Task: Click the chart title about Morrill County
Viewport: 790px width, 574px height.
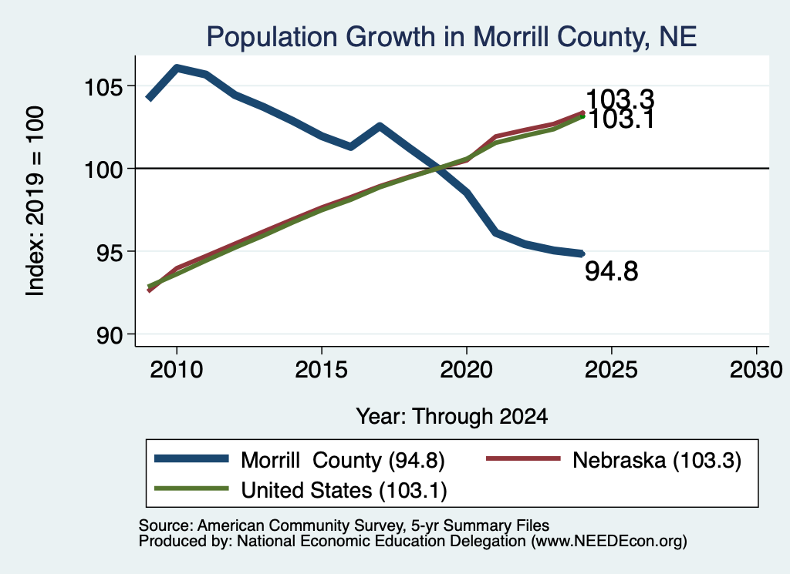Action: tap(451, 37)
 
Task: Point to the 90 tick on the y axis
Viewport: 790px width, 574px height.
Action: tap(110, 336)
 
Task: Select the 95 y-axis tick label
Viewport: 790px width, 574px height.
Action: tap(110, 253)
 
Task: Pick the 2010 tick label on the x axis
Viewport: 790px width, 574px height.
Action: tap(177, 370)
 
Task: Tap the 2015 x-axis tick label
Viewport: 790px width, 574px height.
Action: tap(322, 370)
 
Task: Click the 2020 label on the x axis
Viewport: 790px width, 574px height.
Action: tap(467, 370)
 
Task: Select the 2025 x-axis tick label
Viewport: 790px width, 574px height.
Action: tap(611, 370)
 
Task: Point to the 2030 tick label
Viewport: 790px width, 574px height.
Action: tap(756, 370)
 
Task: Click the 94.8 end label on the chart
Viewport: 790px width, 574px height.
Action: tap(611, 271)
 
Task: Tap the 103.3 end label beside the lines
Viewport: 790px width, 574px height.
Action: tap(620, 99)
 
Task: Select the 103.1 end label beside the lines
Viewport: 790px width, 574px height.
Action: tap(621, 119)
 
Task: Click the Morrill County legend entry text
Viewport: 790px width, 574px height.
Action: tap(343, 460)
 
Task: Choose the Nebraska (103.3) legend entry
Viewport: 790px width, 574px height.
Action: tap(657, 460)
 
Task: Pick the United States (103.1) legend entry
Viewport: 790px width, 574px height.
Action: tap(344, 491)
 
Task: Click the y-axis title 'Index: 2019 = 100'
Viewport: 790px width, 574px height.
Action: tap(35, 201)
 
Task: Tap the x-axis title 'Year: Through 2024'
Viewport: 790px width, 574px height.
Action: tap(452, 417)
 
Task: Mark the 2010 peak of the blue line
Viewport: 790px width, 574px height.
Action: tap(177, 68)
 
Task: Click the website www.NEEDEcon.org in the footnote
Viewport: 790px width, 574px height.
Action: tap(608, 542)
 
